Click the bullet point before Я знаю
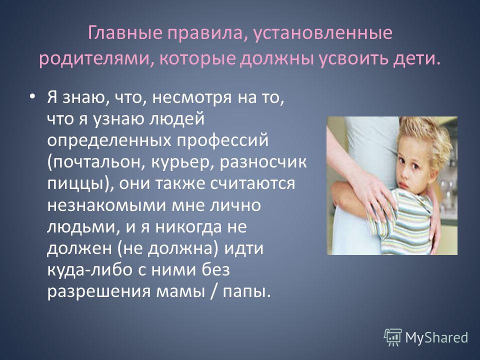pyautogui.click(x=32, y=96)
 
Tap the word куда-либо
pyautogui.click(x=89, y=270)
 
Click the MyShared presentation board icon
pyautogui.click(x=393, y=337)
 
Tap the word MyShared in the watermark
pyautogui.click(x=436, y=337)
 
